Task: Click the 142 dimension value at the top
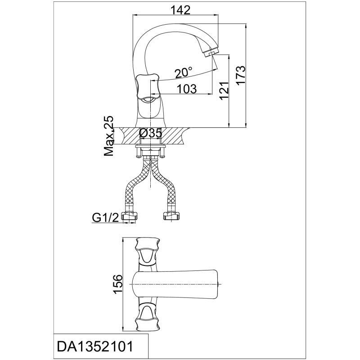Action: click(180, 9)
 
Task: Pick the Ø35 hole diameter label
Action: click(150, 133)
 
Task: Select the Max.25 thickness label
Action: click(108, 135)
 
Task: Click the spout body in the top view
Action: click(180, 284)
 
